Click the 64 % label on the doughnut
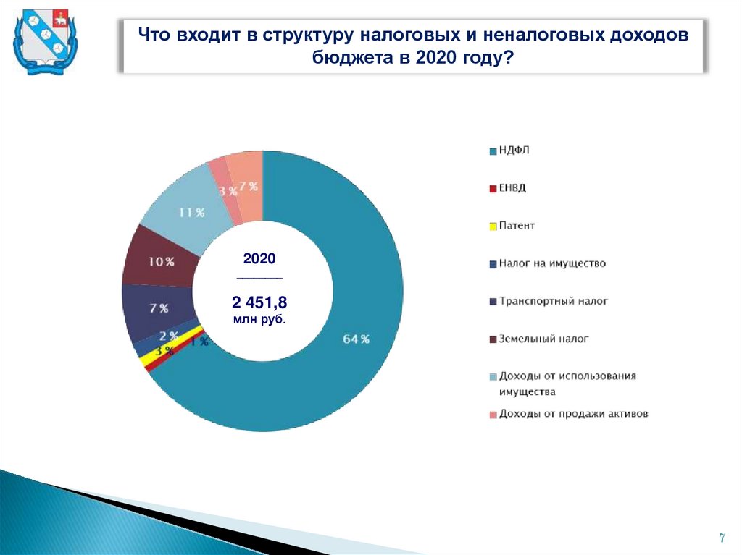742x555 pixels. pos(356,339)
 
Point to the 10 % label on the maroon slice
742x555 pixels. pos(161,262)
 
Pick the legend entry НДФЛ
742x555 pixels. pos(515,151)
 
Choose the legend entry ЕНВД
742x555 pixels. pos(512,188)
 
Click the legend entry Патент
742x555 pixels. pos(517,226)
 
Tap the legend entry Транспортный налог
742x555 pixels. pos(553,300)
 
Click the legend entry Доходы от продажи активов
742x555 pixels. pos(573,414)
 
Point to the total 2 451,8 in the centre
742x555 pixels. pos(259,302)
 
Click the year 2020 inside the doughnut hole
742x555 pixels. pos(259,258)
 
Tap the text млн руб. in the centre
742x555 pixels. pos(259,319)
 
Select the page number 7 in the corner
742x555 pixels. pos(722,538)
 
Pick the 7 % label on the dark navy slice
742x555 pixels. pos(159,309)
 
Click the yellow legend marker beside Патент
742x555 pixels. pos(493,226)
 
